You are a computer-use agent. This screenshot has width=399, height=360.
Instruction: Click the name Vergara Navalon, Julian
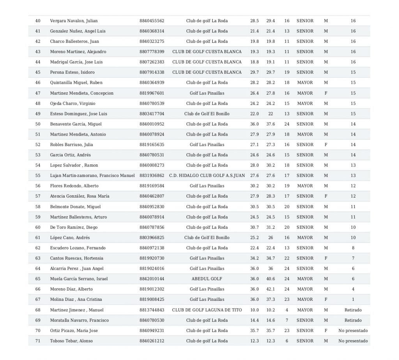[74, 21]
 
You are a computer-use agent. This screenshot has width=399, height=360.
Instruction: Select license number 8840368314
[152, 31]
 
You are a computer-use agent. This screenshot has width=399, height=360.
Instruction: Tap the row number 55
[38, 176]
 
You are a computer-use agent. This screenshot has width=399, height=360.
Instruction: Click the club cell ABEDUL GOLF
[207, 279]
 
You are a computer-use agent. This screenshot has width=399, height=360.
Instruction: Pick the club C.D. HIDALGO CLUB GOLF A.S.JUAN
[207, 176]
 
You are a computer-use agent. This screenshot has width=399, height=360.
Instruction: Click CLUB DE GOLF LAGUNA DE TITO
[207, 310]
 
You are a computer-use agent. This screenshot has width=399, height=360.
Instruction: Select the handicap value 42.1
[270, 289]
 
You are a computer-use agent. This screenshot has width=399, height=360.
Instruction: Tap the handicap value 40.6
[270, 279]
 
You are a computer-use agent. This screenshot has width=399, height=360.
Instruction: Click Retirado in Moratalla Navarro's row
[353, 320]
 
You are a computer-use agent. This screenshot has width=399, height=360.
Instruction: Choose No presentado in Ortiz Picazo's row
[353, 331]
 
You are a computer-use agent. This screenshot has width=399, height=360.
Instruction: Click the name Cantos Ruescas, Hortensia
[77, 258]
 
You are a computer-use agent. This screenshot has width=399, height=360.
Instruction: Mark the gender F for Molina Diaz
[326, 300]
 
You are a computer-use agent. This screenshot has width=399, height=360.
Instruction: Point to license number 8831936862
[152, 176]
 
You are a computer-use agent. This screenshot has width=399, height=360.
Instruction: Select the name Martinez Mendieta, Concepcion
[82, 93]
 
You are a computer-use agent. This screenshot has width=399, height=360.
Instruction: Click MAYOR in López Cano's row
[305, 238]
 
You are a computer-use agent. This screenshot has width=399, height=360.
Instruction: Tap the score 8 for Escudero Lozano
[353, 248]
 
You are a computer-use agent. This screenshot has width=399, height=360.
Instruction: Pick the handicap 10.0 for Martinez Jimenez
[254, 310]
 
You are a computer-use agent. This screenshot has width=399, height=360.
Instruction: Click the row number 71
[38, 341]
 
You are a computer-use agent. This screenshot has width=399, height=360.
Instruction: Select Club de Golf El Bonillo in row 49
[207, 114]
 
